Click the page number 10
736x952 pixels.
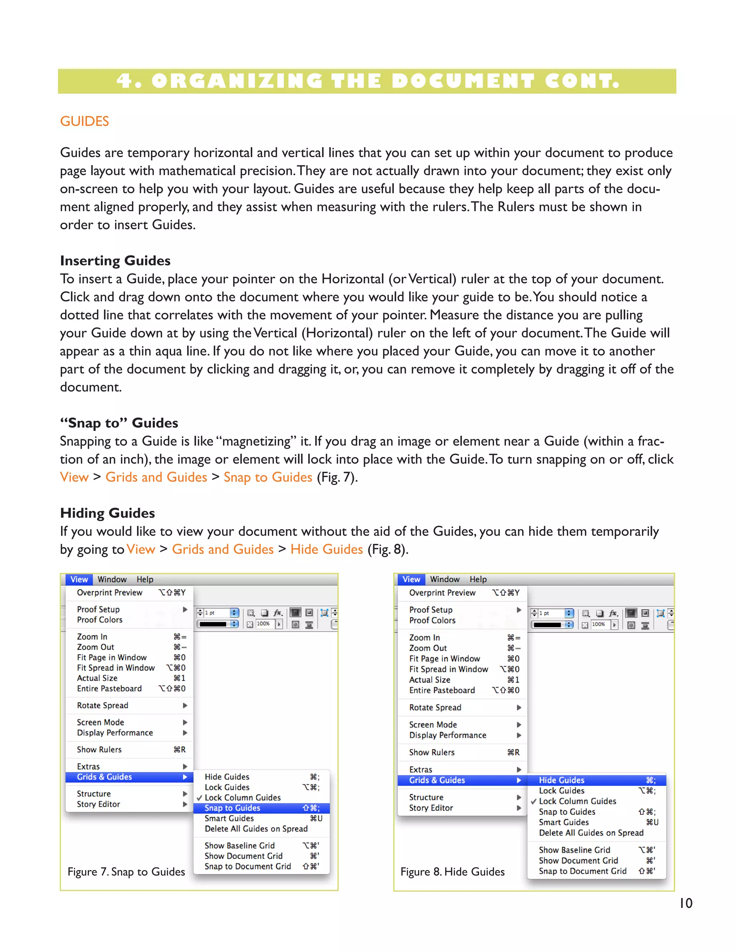686,903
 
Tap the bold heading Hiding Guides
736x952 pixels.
107,513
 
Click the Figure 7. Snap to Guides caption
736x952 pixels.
126,872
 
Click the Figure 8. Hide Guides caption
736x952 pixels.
452,872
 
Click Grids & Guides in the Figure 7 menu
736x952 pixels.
104,777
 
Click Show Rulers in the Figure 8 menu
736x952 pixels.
432,752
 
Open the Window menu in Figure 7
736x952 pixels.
112,579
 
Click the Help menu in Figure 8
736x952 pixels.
478,579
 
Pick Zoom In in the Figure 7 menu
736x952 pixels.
92,637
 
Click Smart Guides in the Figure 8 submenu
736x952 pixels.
563,822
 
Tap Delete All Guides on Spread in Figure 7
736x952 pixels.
256,829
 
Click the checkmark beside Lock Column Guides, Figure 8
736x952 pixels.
533,801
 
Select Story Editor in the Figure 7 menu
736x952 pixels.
98,804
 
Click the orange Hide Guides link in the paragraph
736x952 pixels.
327,549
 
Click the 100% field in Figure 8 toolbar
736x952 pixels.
599,624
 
